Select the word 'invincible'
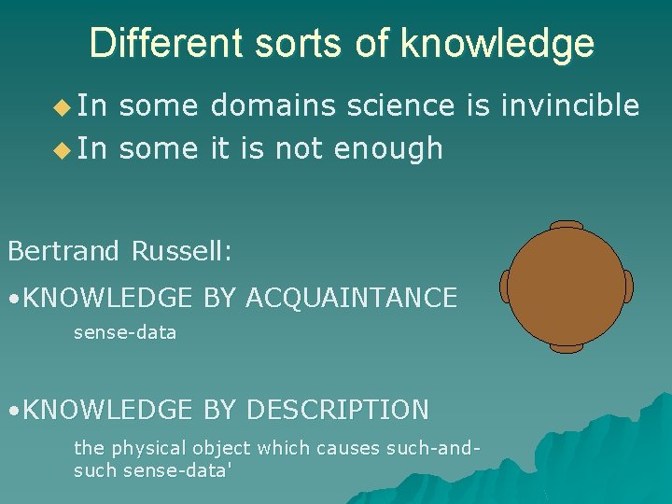[570, 106]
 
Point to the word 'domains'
[273, 106]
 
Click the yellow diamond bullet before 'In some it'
[62, 149]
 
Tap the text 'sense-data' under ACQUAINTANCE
[125, 332]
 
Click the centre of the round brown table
[567, 286]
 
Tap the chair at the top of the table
[567, 225]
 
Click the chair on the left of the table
[505, 286]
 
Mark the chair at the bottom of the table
[567, 348]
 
